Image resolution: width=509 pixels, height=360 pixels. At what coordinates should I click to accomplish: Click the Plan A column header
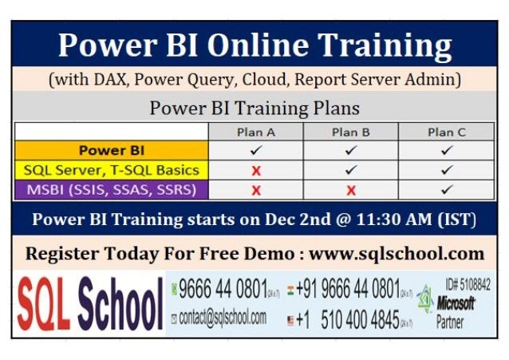(x=256, y=132)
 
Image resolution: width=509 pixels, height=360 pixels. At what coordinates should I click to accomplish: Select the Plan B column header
(x=350, y=132)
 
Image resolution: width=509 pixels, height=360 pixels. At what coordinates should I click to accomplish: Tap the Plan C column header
(x=446, y=132)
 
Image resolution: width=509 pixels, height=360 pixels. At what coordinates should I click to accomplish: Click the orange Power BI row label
(x=111, y=150)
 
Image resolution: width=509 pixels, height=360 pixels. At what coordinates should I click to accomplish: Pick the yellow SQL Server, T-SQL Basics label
(x=111, y=170)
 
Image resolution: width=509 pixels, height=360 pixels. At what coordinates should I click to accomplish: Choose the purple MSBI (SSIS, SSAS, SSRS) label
(x=111, y=190)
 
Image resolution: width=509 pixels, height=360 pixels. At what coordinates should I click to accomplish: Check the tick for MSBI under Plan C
(x=446, y=190)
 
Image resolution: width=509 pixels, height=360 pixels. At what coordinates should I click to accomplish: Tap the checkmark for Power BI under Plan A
(x=256, y=150)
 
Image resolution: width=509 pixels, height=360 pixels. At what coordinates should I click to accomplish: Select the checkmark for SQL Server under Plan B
(x=350, y=170)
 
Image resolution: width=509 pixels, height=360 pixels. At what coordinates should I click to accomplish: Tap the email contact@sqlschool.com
(x=223, y=318)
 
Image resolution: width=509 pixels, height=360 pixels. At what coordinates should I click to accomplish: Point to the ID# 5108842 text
(x=470, y=284)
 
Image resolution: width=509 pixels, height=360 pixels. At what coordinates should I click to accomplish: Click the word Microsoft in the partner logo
(x=456, y=303)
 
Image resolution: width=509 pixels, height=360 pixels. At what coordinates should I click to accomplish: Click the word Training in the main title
(x=374, y=45)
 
